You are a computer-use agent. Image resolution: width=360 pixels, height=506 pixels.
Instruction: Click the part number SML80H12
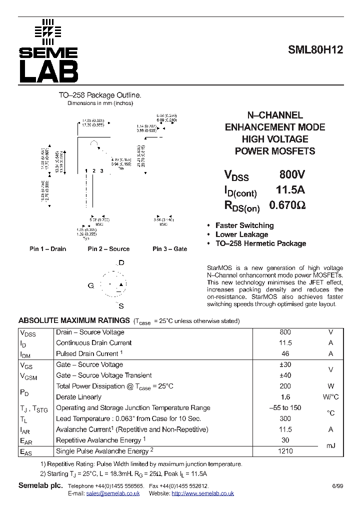tap(315, 50)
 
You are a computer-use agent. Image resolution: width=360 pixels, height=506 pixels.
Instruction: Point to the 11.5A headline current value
tap(290, 190)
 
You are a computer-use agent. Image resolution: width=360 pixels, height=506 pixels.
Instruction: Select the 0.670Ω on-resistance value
tap(287, 205)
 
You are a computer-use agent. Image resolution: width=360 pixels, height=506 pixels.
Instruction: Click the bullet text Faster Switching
tap(244, 225)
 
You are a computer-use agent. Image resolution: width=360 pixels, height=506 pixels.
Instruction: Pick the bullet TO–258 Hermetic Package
tap(260, 243)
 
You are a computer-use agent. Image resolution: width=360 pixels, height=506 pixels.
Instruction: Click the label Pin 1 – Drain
tap(47, 249)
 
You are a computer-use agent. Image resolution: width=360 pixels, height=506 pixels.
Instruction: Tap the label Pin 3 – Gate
tap(170, 249)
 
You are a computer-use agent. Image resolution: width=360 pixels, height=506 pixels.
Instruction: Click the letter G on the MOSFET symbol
tap(90, 285)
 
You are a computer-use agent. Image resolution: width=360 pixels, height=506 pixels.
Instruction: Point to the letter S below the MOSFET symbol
tap(121, 305)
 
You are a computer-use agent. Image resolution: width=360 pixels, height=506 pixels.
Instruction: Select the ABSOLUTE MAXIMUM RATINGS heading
tap(74, 320)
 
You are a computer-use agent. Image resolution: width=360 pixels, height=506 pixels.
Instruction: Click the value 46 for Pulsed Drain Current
tap(285, 353)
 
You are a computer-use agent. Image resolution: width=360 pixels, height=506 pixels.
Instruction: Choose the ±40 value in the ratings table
tap(285, 375)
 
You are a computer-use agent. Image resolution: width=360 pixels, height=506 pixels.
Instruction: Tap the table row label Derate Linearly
tap(79, 397)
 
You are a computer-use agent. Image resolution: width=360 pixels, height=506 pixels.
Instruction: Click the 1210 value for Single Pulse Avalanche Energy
tap(285, 451)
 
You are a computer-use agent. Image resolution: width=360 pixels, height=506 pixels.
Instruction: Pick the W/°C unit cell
tap(330, 397)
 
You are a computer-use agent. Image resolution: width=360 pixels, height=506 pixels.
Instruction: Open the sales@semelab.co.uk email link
tap(113, 493)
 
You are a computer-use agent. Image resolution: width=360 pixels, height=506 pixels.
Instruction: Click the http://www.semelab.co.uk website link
tap(202, 493)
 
